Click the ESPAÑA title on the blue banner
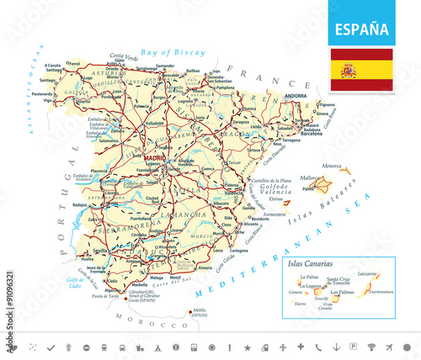(362, 29)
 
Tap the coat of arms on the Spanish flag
(348, 70)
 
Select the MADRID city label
(154, 157)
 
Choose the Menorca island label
(337, 165)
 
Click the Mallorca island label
(310, 177)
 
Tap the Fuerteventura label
(384, 292)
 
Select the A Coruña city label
(54, 65)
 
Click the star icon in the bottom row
(248, 347)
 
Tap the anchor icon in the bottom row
(338, 347)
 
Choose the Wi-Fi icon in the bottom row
(371, 347)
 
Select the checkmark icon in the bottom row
(51, 347)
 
